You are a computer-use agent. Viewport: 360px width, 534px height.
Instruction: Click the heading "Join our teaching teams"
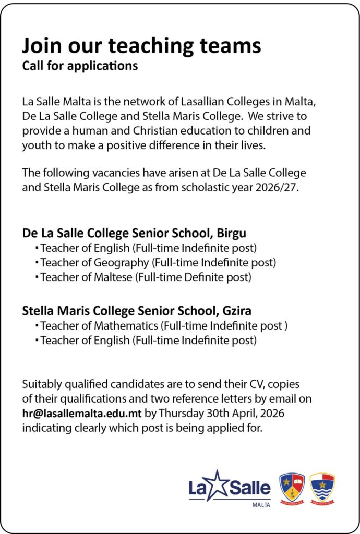pos(141,46)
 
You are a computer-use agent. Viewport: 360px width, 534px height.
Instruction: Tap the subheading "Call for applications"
pos(80,66)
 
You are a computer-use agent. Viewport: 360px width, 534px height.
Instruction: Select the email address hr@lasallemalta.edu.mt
pos(81,415)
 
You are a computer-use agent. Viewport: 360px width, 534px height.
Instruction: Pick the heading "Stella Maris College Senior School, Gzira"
pos(137,311)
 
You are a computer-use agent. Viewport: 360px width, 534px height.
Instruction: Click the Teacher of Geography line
pos(158,262)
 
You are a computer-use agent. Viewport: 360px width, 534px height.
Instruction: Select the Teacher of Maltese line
pos(146,277)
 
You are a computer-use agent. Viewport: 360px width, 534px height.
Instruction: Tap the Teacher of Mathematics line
pos(164,326)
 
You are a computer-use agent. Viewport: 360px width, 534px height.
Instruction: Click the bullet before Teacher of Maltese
pos(37,277)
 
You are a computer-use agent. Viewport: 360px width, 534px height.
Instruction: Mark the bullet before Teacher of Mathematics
pos(37,326)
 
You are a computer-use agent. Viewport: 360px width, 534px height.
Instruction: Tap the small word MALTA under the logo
pos(261,505)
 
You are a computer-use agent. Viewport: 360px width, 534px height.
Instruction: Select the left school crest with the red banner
pos(292,487)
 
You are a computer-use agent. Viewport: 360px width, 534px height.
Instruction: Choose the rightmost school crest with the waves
pos(322,487)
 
